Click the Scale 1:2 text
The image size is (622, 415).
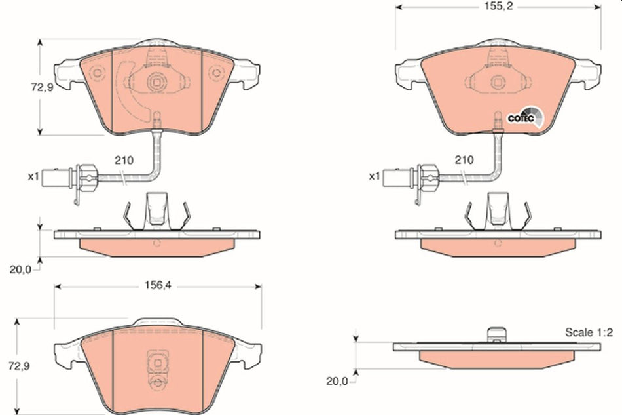pos(589,333)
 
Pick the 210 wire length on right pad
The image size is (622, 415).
pos(464,160)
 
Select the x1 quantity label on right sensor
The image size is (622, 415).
pos(374,176)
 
